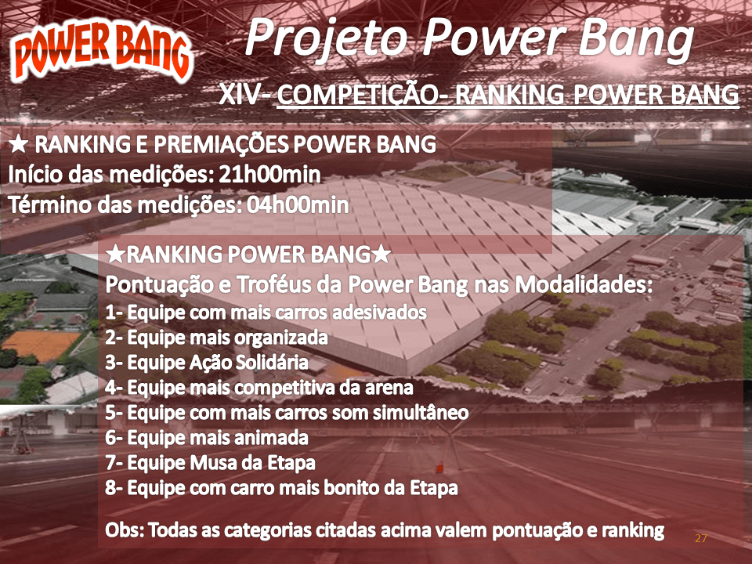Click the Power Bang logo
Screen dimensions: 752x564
click(101, 52)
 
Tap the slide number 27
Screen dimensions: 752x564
click(700, 538)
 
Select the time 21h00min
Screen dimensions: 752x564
click(269, 175)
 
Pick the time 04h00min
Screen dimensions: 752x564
click(298, 205)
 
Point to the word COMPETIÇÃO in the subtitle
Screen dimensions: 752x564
click(357, 94)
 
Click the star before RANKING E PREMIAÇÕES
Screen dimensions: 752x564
click(18, 144)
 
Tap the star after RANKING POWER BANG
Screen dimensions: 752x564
click(381, 254)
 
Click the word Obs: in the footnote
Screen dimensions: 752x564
click(125, 530)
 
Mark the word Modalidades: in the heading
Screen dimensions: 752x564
click(584, 285)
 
